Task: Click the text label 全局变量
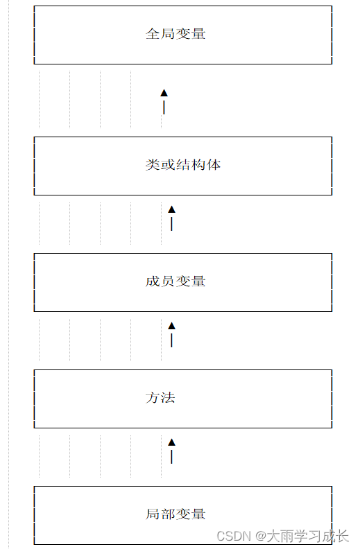click(x=175, y=34)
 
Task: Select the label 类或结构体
click(x=183, y=165)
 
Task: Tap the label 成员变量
click(x=175, y=281)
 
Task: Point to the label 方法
click(x=160, y=398)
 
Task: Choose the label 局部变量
click(x=175, y=514)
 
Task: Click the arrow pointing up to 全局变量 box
click(x=164, y=101)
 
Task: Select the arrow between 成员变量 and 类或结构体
click(x=171, y=218)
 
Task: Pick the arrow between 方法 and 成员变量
click(x=171, y=334)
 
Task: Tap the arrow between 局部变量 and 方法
click(x=171, y=451)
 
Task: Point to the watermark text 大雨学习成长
click(x=309, y=536)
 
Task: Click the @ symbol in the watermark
click(x=261, y=536)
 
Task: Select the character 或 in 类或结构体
click(x=168, y=165)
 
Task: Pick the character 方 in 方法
click(x=153, y=398)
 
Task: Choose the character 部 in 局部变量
click(x=168, y=514)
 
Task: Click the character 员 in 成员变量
click(x=168, y=281)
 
